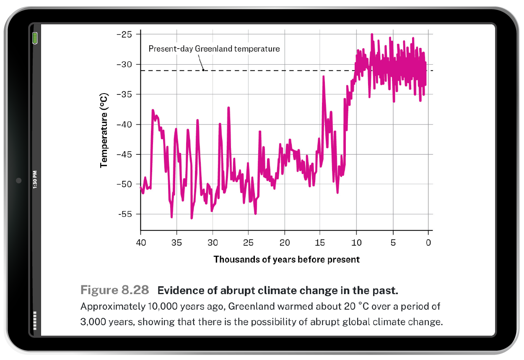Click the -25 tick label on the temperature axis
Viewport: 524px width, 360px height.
125,34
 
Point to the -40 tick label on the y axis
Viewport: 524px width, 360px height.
125,125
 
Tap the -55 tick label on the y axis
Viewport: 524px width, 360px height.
125,214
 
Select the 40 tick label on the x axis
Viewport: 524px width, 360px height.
140,243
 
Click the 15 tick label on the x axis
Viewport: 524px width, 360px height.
320,243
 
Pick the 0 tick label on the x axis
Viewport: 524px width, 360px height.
428,243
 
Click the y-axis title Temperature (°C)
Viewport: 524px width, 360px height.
104,131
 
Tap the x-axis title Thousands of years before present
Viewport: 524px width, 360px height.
286,259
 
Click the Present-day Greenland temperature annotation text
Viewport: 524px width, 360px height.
214,49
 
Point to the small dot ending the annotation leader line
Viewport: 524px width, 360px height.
204,70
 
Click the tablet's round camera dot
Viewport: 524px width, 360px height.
18,180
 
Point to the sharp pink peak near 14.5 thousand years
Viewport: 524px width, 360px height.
324,77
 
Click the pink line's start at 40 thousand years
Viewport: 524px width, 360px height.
141,187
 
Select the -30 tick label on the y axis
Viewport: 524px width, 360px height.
125,65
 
